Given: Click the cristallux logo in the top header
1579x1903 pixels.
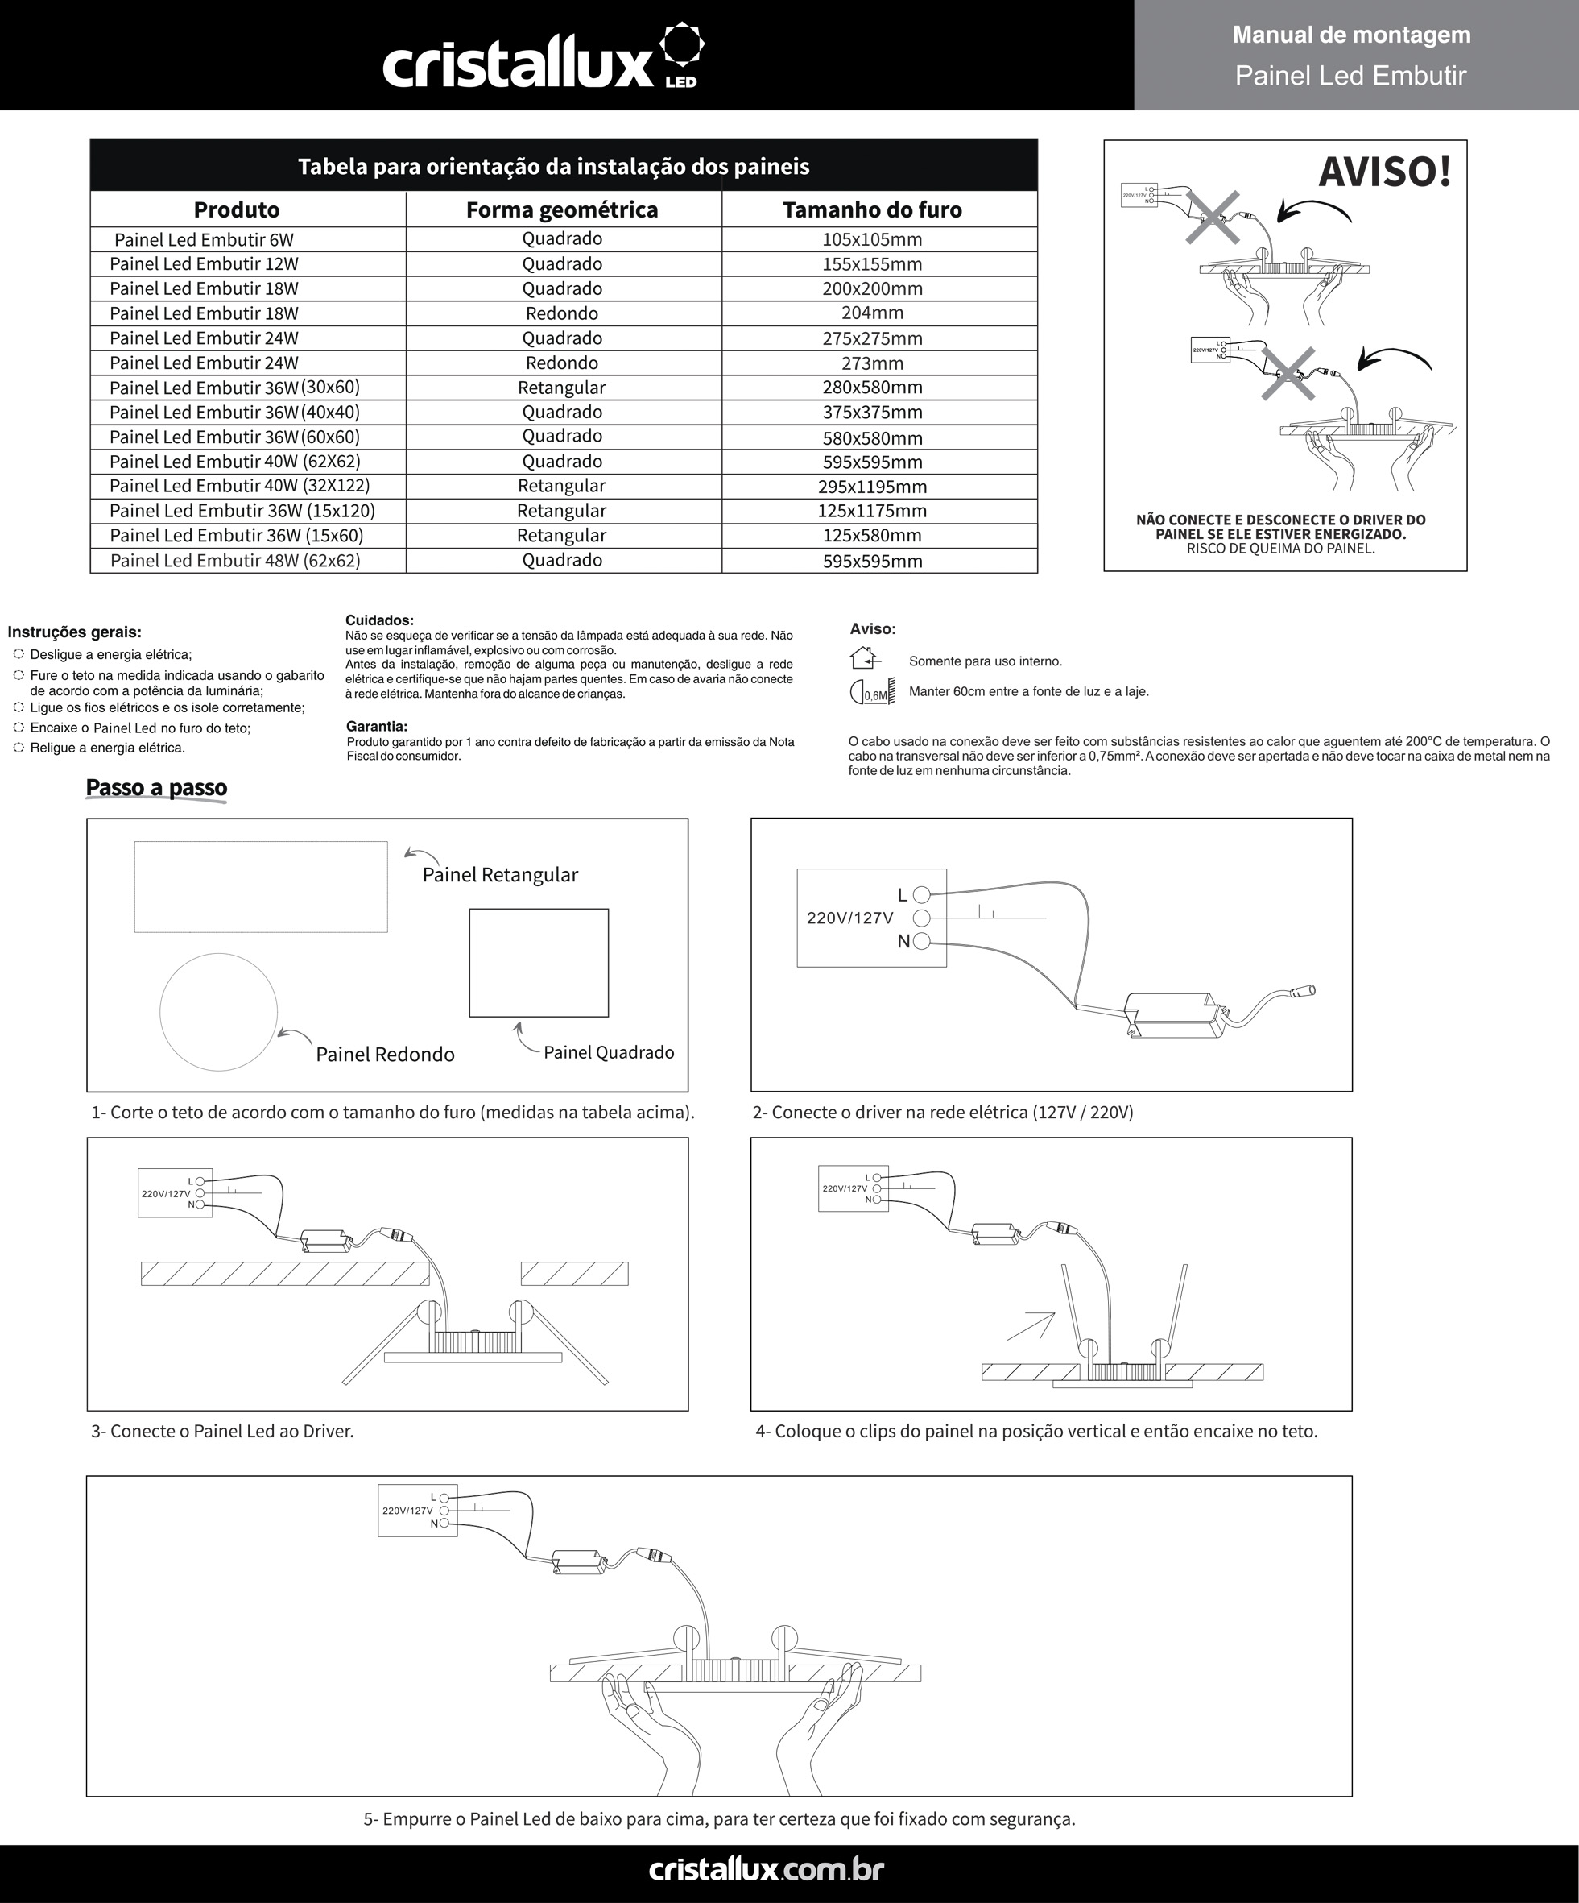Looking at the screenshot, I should coord(544,59).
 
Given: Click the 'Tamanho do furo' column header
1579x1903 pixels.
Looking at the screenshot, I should coord(871,209).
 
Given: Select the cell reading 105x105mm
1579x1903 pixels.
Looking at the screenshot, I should coord(871,239).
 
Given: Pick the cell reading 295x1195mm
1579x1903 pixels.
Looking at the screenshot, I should coord(871,487).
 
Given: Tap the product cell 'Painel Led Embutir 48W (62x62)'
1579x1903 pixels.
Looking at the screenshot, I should coord(236,561).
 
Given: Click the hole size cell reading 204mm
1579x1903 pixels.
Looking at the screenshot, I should coord(871,313).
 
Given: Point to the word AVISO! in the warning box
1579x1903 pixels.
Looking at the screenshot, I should coord(1383,172).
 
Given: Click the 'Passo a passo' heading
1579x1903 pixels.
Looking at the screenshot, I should coord(156,787).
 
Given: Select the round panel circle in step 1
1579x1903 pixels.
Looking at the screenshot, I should coord(218,1012).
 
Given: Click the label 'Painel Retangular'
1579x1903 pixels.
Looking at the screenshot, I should coord(500,874).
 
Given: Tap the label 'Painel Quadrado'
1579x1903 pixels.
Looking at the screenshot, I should coord(609,1052).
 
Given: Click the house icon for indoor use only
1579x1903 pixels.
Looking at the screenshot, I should coord(864,658).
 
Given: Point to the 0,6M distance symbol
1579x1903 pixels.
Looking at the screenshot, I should coord(872,692).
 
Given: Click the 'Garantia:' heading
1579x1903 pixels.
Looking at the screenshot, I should coord(377,726).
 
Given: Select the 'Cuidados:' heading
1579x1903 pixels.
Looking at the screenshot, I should coord(379,620).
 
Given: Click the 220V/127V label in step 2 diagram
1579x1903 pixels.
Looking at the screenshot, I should coord(849,918).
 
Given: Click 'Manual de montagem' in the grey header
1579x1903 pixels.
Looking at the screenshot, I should coord(1350,35).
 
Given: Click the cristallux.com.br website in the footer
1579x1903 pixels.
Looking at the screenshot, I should coord(767,1869).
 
